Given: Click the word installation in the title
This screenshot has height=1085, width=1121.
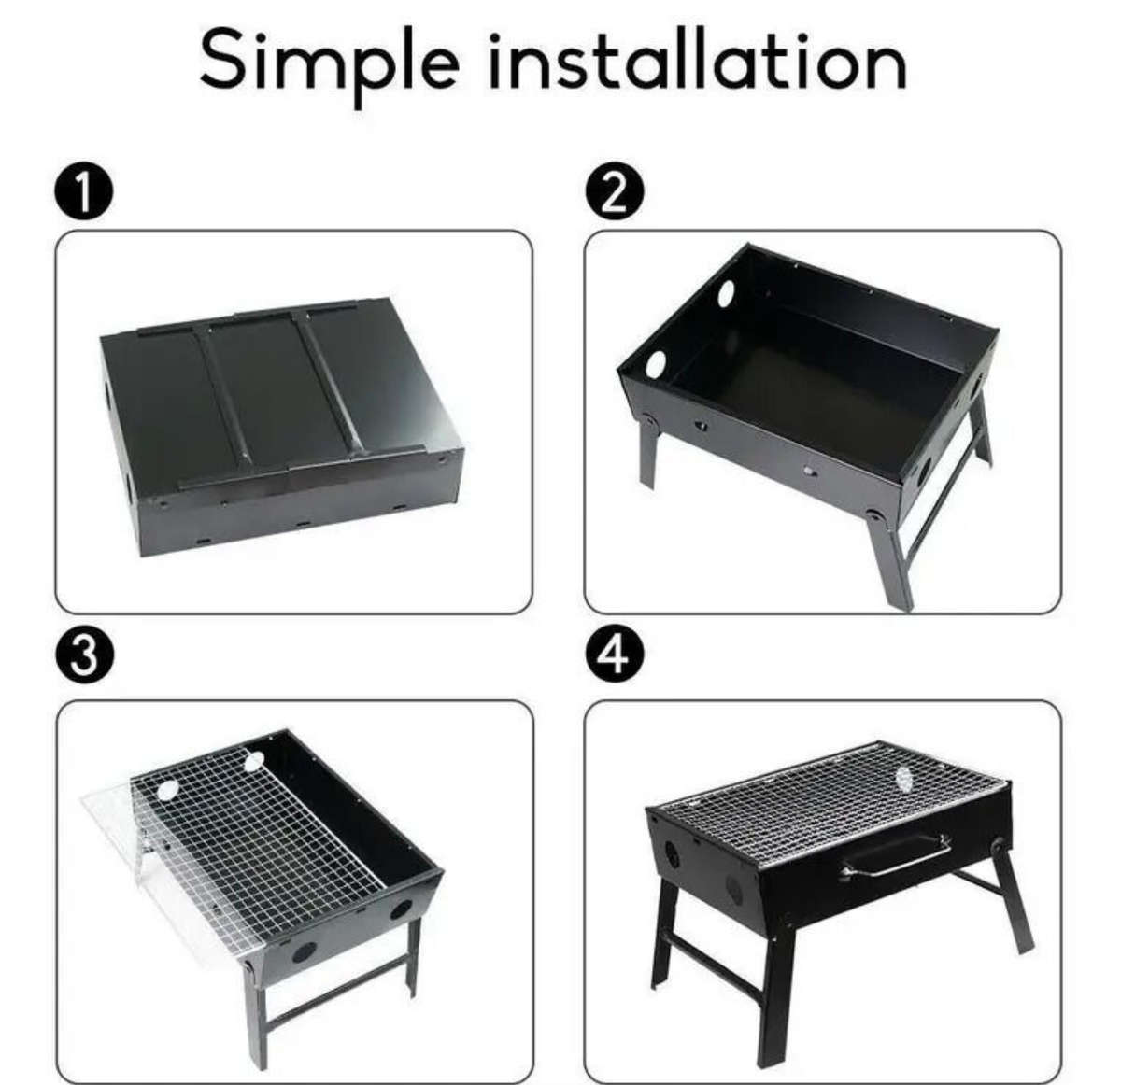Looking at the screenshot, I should tap(699, 60).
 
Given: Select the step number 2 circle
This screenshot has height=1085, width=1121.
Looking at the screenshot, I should tap(612, 194).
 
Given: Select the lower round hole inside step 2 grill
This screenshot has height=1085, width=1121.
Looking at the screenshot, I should tap(655, 363).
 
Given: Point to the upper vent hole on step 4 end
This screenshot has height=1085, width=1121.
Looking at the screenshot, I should tap(670, 852).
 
